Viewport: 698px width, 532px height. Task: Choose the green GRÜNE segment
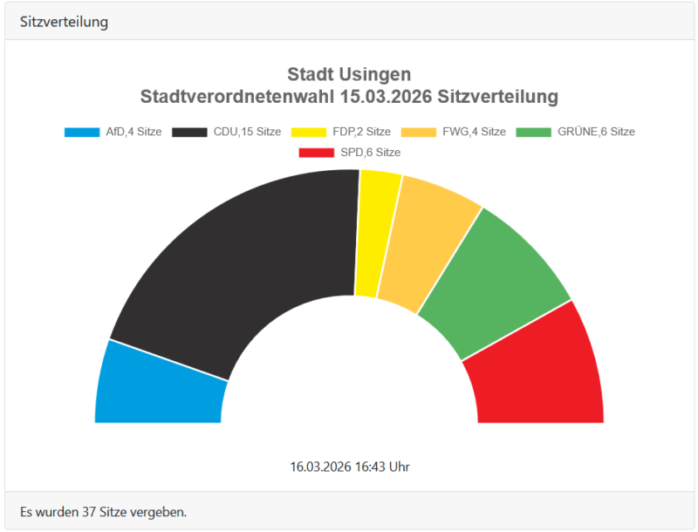(493, 283)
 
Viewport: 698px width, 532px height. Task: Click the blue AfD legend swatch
(82, 133)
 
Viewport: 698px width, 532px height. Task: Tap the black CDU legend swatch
(189, 133)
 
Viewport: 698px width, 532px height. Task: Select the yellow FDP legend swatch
(309, 133)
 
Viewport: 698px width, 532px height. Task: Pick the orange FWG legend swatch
(419, 133)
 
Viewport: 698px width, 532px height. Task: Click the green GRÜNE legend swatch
(534, 133)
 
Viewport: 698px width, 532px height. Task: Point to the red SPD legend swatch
(316, 153)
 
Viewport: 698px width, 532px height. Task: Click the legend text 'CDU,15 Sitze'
(247, 133)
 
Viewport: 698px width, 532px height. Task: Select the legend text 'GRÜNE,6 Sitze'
(596, 133)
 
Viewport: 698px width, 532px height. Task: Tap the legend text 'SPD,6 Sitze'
(370, 153)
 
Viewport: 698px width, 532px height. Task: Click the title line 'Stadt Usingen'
(349, 74)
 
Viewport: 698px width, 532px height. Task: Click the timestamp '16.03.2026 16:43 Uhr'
(349, 467)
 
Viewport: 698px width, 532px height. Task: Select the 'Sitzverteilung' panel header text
(64, 22)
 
